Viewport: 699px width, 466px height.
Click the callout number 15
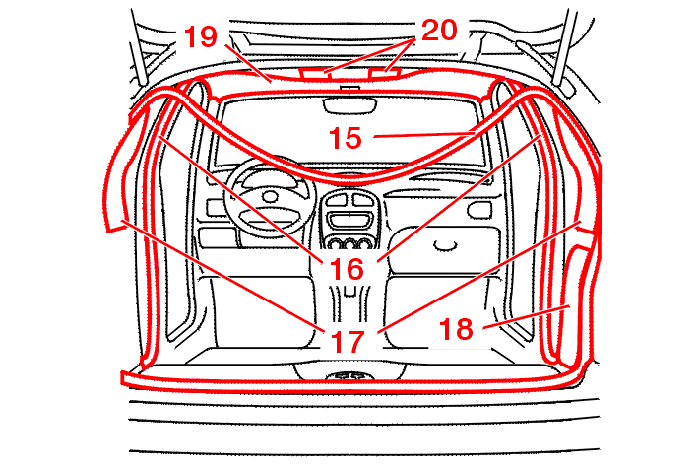point(346,138)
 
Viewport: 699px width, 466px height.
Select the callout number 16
point(347,269)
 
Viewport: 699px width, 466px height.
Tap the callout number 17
point(348,342)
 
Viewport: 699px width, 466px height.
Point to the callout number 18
point(456,329)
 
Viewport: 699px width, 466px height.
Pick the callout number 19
point(201,36)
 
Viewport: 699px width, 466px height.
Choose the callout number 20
point(439,31)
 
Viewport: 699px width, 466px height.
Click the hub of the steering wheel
point(270,196)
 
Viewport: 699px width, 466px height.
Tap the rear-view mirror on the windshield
point(349,104)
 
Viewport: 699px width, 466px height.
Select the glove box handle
point(446,245)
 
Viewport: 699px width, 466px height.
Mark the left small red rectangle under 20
point(314,73)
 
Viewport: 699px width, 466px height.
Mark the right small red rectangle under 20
point(385,73)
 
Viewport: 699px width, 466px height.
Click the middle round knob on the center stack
point(349,244)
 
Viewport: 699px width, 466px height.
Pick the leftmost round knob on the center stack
point(334,244)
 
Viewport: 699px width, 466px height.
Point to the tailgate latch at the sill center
point(349,376)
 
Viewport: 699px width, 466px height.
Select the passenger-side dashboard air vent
point(478,210)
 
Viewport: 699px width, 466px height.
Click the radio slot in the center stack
point(349,220)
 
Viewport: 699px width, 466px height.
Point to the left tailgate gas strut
point(138,47)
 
